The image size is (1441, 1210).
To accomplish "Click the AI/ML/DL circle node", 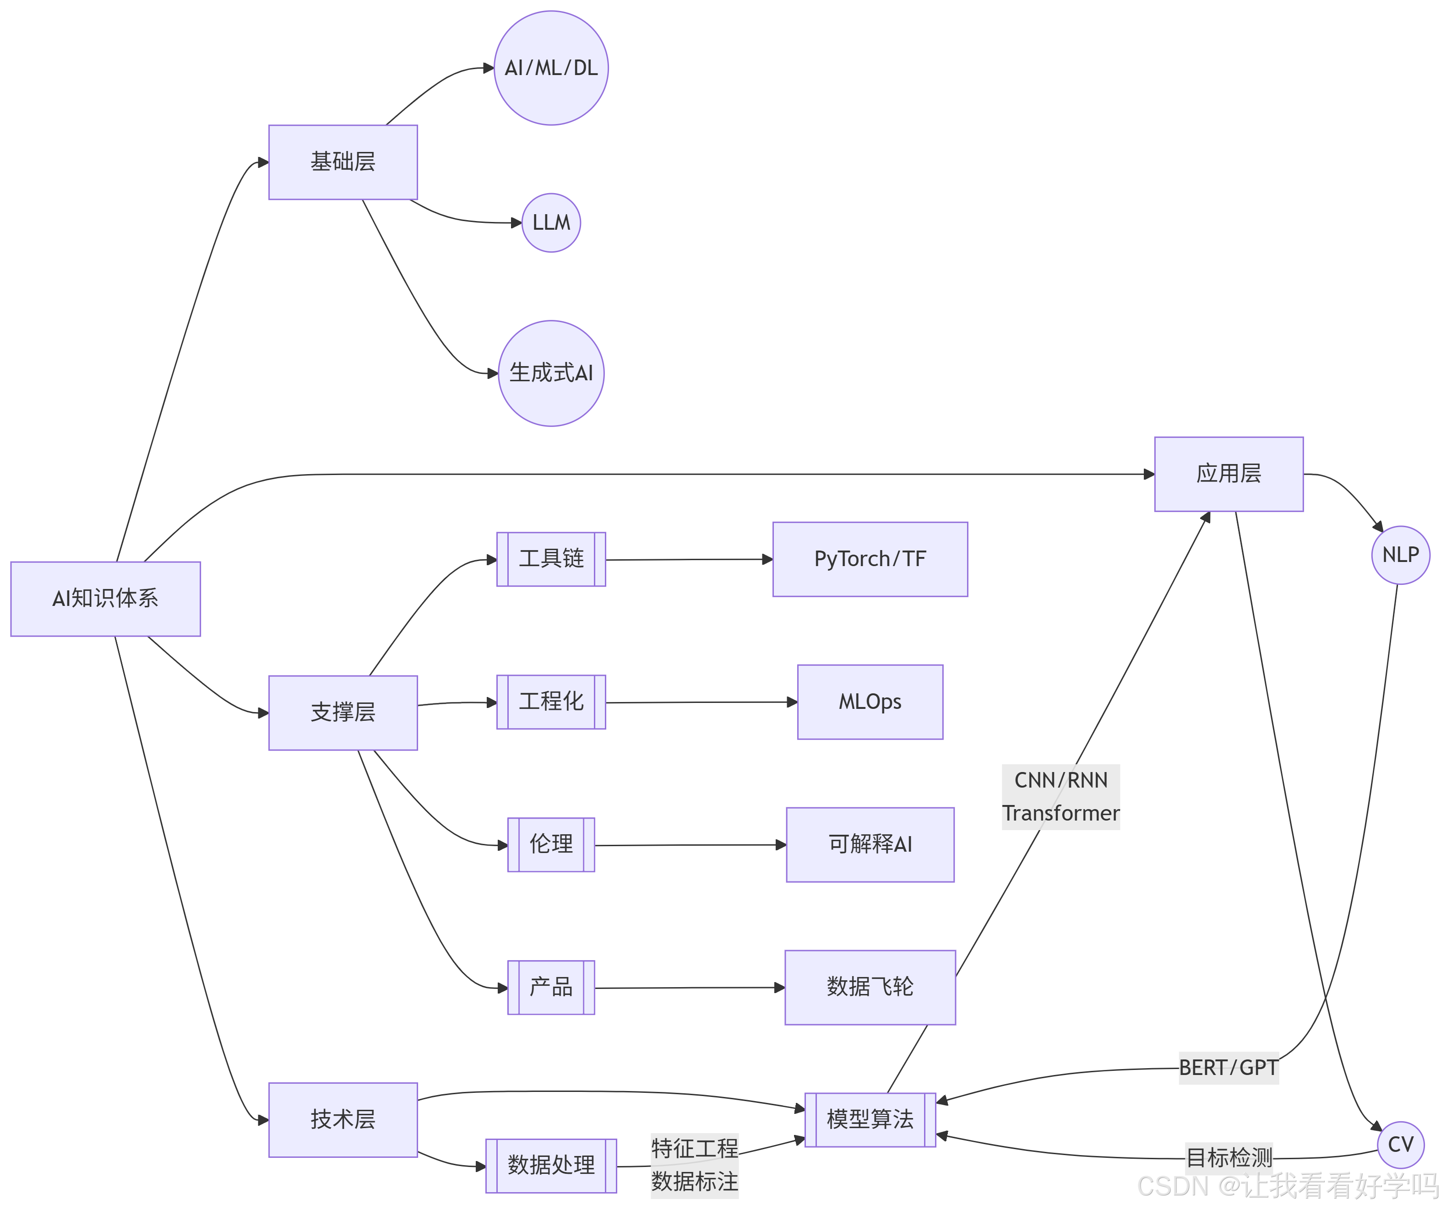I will (551, 68).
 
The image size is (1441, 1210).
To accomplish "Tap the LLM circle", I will (551, 223).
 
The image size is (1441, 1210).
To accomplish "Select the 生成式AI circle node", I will (551, 373).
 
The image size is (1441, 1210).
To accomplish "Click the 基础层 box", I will (343, 162).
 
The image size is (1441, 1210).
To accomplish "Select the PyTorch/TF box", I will (870, 559).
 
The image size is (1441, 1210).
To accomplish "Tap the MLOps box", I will (870, 702).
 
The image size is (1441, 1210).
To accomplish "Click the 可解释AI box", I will (870, 844).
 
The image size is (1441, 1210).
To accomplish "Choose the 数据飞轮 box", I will (870, 987).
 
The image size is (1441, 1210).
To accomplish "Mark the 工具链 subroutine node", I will (551, 559).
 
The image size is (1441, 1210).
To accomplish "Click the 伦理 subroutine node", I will (551, 844).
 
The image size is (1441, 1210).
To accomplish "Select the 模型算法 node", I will (870, 1119).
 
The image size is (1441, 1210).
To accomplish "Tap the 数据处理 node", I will (551, 1166).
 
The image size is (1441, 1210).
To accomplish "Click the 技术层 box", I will (343, 1119).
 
